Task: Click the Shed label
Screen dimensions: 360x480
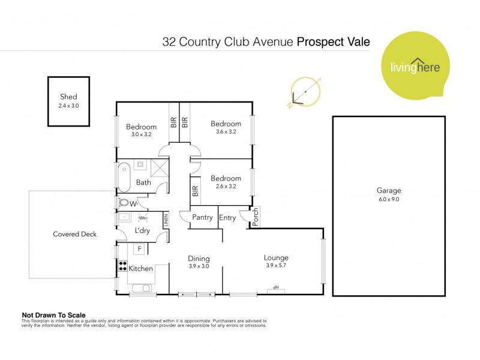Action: coord(68,97)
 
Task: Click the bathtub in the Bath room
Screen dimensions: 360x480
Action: coord(125,177)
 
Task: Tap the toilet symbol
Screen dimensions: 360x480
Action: coord(125,203)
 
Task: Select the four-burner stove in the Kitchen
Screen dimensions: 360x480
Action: coord(122,266)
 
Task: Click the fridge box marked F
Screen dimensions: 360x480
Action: coord(139,248)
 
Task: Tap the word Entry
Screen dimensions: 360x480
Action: coord(227,217)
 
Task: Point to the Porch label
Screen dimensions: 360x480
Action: coord(254,219)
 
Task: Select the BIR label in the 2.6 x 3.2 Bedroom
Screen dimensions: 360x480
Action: coord(195,191)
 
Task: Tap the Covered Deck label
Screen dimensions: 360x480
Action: coord(74,234)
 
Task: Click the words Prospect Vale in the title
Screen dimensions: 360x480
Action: coord(334,42)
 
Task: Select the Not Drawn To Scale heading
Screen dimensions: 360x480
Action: coord(54,315)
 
